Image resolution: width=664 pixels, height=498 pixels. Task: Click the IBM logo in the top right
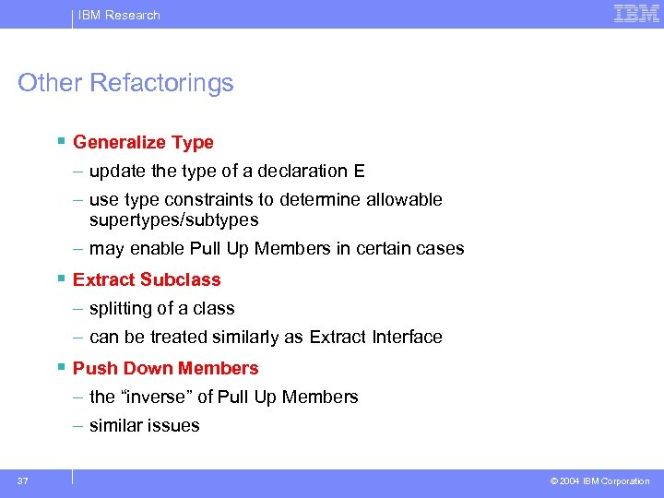click(x=636, y=14)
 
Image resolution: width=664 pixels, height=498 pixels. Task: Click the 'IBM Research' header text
click(x=119, y=15)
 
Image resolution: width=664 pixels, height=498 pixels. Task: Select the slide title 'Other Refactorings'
click(x=125, y=83)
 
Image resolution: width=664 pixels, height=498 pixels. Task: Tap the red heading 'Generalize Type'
click(x=143, y=142)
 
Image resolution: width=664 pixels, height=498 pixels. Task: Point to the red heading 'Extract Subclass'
click(x=147, y=279)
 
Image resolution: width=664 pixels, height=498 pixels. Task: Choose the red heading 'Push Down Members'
click(x=165, y=368)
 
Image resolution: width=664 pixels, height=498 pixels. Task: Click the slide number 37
click(x=22, y=480)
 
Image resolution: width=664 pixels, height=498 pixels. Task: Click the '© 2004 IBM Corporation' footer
click(x=599, y=481)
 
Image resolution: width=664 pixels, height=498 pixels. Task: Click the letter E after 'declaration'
click(x=359, y=172)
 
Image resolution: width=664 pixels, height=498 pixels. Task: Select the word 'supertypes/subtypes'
click(x=173, y=220)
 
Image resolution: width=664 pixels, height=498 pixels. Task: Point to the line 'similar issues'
click(x=144, y=426)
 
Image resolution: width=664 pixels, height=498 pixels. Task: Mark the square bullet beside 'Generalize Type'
click(x=60, y=141)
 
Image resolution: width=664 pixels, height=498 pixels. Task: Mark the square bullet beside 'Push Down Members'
click(x=60, y=367)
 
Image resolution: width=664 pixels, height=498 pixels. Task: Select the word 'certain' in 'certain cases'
click(x=391, y=249)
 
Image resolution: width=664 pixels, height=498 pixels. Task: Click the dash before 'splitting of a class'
click(x=79, y=309)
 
